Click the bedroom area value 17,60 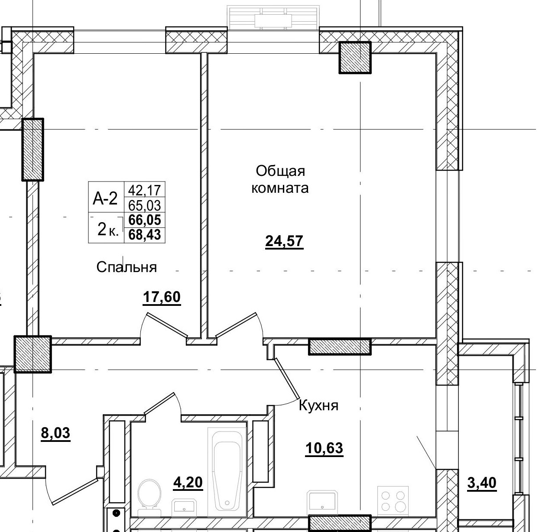pyautogui.click(x=161, y=298)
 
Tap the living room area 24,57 pyautogui.click(x=284, y=241)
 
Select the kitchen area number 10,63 pyautogui.click(x=324, y=448)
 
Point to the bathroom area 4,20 pyautogui.click(x=188, y=482)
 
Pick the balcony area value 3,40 pyautogui.click(x=482, y=482)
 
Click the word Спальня pyautogui.click(x=127, y=267)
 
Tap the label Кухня pyautogui.click(x=318, y=406)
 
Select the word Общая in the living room pyautogui.click(x=280, y=171)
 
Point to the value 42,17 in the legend pyautogui.click(x=144, y=190)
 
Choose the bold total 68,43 pyautogui.click(x=145, y=235)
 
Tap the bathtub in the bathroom pyautogui.click(x=227, y=472)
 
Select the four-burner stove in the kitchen pyautogui.click(x=393, y=500)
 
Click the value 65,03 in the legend pyautogui.click(x=144, y=205)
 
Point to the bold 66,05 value pyautogui.click(x=145, y=220)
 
